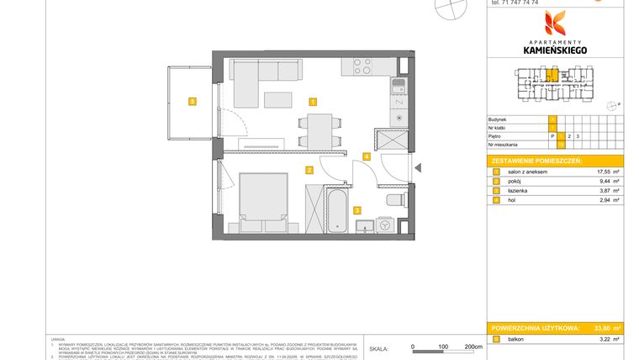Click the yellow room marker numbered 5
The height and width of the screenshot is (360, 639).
pos(193,102)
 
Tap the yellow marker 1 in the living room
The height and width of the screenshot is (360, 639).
pos(313,102)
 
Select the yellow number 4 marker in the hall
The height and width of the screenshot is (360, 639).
pos(366,156)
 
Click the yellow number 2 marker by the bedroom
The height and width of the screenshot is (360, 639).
pos(309,170)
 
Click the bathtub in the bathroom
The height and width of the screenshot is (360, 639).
pos(335,211)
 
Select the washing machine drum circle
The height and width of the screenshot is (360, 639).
pos(384,225)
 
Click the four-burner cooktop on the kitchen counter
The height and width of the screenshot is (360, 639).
pos(362,66)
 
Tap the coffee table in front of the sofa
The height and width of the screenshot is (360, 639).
pos(277,100)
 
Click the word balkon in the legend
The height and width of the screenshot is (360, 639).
pos(515,339)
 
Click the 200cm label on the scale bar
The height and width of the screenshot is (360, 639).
pos(473,346)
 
